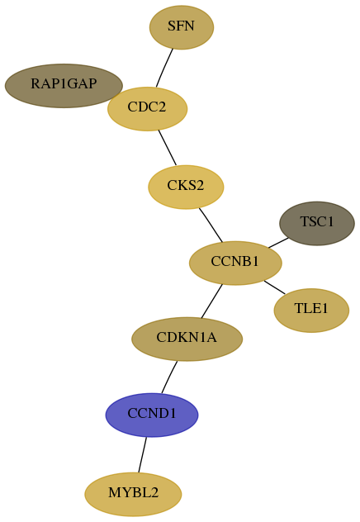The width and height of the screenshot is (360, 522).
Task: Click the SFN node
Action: point(182,27)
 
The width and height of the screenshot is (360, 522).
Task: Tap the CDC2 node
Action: point(148,109)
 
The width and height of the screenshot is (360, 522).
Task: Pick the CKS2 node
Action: point(186,187)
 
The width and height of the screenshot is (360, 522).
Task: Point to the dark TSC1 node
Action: point(317,223)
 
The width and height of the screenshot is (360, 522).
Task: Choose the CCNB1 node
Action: point(235,263)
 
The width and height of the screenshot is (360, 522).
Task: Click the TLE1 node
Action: point(311,311)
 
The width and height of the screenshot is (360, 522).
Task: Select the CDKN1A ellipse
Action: point(187,339)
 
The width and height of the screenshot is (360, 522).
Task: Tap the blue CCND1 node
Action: point(152,415)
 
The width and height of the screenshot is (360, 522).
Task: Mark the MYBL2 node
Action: point(133,494)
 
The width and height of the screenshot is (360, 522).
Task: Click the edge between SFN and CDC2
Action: point(164,68)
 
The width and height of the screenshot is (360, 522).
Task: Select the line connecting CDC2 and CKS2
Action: point(168,148)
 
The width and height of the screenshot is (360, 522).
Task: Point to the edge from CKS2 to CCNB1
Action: point(211,225)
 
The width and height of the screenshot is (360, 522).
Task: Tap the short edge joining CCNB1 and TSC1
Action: point(278,243)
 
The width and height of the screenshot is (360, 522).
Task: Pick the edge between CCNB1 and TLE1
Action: point(274,287)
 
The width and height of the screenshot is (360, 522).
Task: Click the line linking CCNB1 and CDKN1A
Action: point(211,301)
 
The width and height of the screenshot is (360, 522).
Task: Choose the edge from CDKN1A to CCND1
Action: point(169,377)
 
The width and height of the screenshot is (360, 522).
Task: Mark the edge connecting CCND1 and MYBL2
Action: point(142,454)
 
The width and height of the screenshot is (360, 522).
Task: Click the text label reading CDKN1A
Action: point(187,338)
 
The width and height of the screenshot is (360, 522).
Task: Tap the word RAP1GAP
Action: point(64,83)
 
